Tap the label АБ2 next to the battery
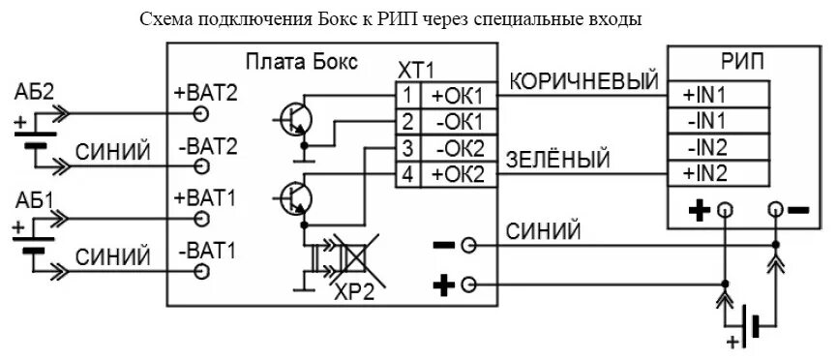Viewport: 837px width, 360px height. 34,92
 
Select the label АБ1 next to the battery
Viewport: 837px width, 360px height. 34,201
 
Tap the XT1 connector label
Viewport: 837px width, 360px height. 416,71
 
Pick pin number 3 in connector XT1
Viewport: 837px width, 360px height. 408,149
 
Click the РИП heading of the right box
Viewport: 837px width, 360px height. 742,62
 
